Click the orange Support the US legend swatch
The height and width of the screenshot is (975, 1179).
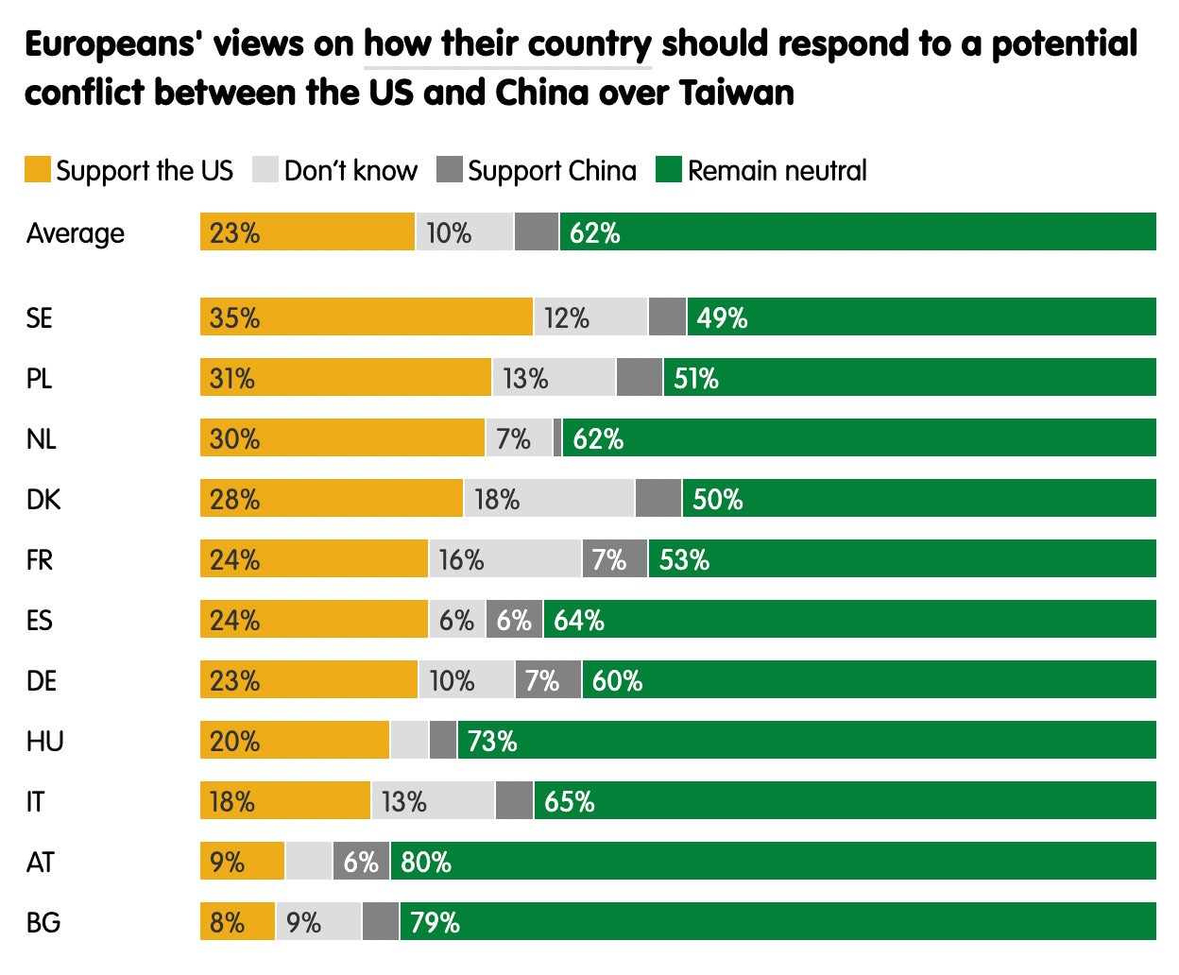[x=37, y=170]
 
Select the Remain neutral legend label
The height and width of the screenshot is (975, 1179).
[x=777, y=171]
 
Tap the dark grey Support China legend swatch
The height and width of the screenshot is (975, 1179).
[x=450, y=170]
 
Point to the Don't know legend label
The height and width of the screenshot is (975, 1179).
[x=350, y=171]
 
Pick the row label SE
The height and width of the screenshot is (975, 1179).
[x=40, y=318]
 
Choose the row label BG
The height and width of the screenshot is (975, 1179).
[x=43, y=922]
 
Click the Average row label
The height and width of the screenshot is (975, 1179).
[x=76, y=233]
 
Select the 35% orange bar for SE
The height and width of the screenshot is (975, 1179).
[x=366, y=317]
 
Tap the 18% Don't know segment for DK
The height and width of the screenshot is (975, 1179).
[x=549, y=499]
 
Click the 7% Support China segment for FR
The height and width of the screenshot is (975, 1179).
[x=614, y=559]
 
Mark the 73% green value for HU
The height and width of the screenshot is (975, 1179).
[x=492, y=741]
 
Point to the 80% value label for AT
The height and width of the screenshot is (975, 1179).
[x=426, y=862]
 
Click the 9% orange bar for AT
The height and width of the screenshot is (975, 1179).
[x=242, y=862]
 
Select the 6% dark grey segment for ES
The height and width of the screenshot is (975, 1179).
[x=514, y=620]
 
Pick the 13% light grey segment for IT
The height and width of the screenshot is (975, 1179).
[x=433, y=801]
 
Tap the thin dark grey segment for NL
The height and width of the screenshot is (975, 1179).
[x=557, y=438]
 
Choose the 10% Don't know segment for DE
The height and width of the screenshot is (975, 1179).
[x=466, y=680]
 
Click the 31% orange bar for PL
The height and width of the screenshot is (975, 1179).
[x=345, y=378]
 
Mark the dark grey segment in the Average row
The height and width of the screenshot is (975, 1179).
[x=536, y=232]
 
